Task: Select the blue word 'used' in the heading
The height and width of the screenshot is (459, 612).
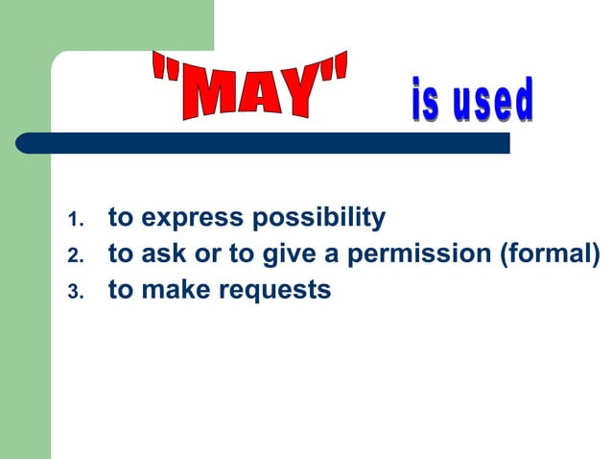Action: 489,103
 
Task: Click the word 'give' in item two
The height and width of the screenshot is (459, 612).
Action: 291,255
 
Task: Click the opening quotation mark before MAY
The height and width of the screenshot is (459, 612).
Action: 162,69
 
